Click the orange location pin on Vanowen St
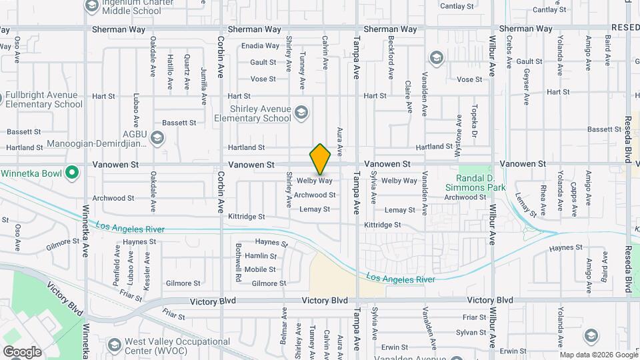pyautogui.click(x=320, y=159)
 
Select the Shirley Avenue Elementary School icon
pyautogui.click(x=301, y=111)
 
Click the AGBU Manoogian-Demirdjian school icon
pyautogui.click(x=157, y=137)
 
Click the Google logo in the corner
pyautogui.click(x=22, y=351)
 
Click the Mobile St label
pyautogui.click(x=260, y=269)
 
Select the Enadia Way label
pyautogui.click(x=260, y=46)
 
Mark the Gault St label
pyautogui.click(x=263, y=62)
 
